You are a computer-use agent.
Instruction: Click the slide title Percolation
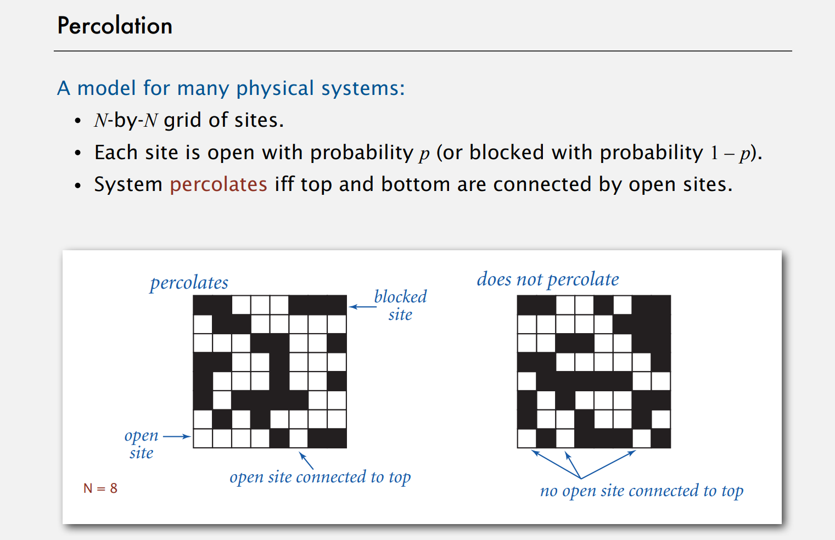115,26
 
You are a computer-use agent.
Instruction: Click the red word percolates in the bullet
218,184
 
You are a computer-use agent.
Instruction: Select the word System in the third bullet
128,184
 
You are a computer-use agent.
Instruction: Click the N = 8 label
100,488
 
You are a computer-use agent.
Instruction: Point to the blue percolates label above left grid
189,283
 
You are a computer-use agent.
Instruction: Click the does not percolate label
547,279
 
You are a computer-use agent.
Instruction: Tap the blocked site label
400,305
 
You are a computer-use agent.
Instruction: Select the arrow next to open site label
177,437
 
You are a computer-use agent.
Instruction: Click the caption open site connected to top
320,477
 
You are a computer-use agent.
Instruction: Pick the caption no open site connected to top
641,491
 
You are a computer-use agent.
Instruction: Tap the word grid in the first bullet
182,120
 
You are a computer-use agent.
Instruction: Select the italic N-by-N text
126,120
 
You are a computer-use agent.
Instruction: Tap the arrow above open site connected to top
306,460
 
